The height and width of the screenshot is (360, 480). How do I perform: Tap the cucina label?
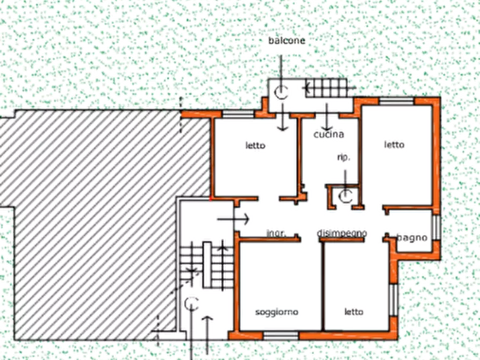point(328,135)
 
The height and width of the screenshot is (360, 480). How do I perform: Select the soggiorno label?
point(277,312)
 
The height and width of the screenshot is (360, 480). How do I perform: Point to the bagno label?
point(412,237)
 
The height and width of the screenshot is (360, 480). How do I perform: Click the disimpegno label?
point(342,233)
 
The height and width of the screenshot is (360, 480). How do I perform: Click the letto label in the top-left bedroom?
point(256,145)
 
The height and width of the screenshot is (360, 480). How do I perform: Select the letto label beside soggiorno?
point(354,312)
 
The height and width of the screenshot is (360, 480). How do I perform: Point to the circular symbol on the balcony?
point(280,93)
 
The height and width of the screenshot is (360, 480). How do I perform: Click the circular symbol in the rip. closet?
point(345,197)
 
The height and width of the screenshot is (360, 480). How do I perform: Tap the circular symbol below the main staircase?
point(191,305)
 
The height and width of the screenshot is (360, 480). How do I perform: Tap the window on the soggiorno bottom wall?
point(281,335)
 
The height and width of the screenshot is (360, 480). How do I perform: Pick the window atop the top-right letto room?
point(397,101)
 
